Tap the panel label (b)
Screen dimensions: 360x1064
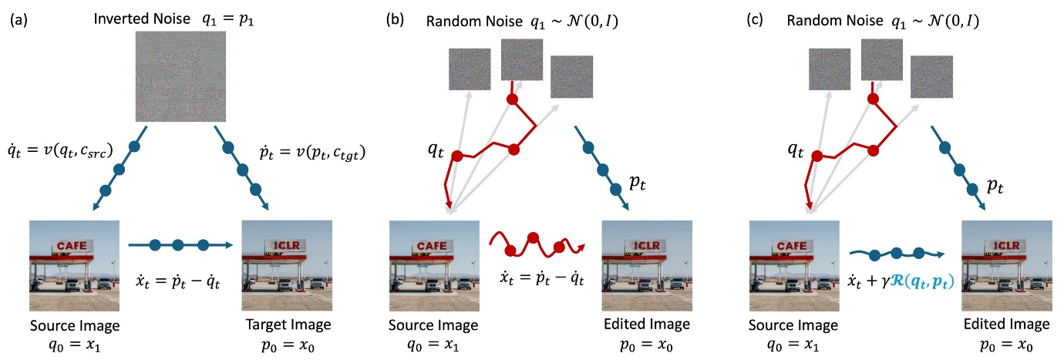396,19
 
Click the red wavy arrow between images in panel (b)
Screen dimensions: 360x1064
537,246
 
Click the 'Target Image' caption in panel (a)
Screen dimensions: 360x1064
287,324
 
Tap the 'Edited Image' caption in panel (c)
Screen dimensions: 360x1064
1006,324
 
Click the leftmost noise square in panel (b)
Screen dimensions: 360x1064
470,69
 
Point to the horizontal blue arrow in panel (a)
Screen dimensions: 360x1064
180,245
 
